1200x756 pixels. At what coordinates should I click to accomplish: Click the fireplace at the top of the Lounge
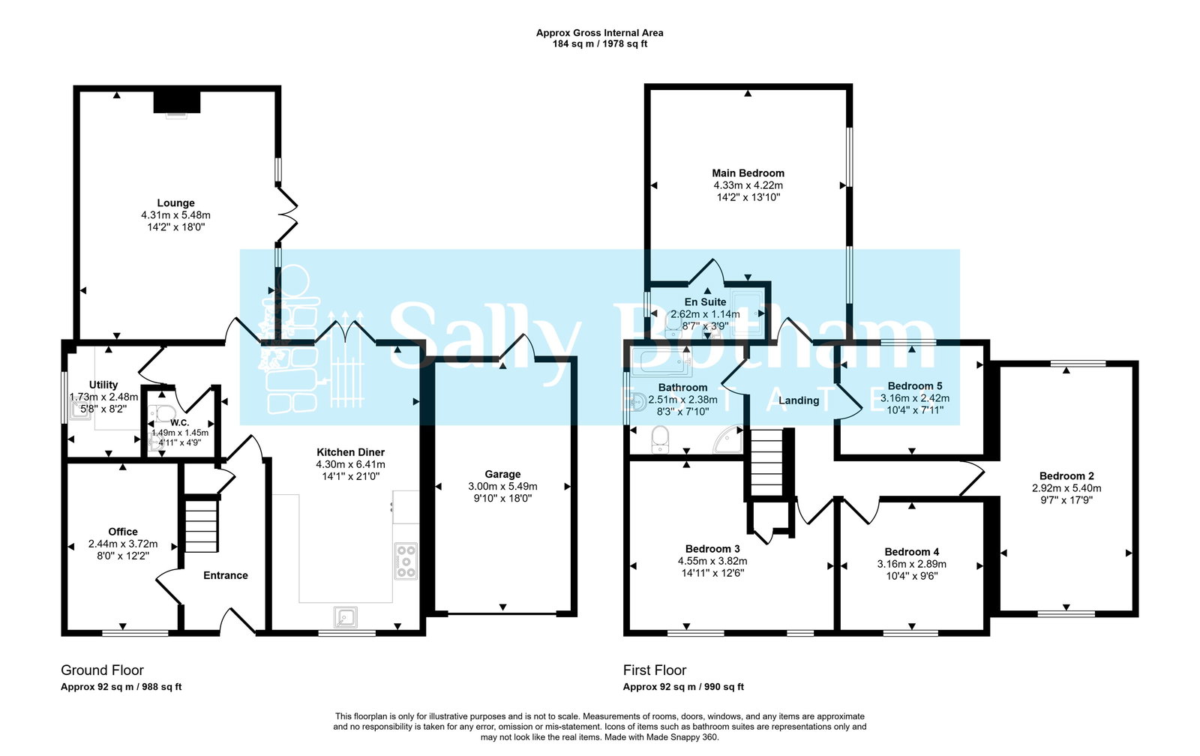pyautogui.click(x=177, y=102)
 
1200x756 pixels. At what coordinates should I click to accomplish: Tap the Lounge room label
pyautogui.click(x=175, y=202)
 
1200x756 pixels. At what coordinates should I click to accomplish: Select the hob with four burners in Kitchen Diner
pyautogui.click(x=406, y=561)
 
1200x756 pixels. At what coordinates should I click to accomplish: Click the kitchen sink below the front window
pyautogui.click(x=346, y=616)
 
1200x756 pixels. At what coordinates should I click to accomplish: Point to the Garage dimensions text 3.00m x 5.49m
pyautogui.click(x=502, y=486)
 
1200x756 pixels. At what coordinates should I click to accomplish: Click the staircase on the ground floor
pyautogui.click(x=201, y=526)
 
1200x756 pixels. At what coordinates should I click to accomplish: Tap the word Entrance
pyautogui.click(x=225, y=575)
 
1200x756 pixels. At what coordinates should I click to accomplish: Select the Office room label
pyautogui.click(x=123, y=531)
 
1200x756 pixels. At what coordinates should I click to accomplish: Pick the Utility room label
pyautogui.click(x=103, y=385)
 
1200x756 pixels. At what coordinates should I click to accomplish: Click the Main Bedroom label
pyautogui.click(x=748, y=172)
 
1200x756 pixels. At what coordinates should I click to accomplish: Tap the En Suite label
pyautogui.click(x=705, y=301)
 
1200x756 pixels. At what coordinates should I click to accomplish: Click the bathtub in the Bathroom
pyautogui.click(x=658, y=362)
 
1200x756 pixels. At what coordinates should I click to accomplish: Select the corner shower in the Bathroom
pyautogui.click(x=727, y=442)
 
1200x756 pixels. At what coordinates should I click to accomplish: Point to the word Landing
pyautogui.click(x=799, y=400)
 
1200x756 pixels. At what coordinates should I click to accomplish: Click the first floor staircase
pyautogui.click(x=766, y=463)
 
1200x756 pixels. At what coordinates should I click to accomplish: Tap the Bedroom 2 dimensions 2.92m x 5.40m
pyautogui.click(x=1066, y=487)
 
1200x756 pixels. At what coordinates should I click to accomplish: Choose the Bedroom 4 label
pyautogui.click(x=911, y=551)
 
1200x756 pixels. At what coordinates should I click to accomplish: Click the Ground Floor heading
pyautogui.click(x=102, y=670)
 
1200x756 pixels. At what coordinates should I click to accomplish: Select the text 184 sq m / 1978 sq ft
pyautogui.click(x=599, y=44)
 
